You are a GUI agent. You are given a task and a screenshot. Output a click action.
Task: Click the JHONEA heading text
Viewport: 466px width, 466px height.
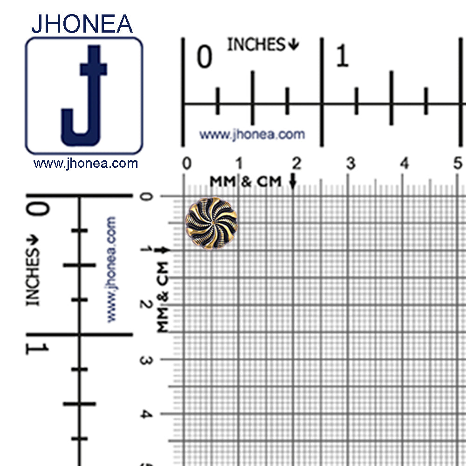click(82, 24)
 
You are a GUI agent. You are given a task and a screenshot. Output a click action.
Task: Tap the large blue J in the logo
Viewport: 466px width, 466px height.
click(84, 96)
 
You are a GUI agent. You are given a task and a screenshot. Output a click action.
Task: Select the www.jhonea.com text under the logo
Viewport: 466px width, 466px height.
click(86, 163)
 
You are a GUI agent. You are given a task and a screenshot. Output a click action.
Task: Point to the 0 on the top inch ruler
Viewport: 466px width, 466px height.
click(205, 56)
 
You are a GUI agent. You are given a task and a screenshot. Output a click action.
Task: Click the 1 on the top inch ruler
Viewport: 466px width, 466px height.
click(342, 55)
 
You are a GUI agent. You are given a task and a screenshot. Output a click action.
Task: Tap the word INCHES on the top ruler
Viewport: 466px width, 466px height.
click(256, 45)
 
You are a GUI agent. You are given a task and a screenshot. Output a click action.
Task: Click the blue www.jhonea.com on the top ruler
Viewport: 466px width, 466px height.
click(252, 134)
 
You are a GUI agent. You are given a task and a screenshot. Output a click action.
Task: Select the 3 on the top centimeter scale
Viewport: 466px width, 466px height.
click(351, 163)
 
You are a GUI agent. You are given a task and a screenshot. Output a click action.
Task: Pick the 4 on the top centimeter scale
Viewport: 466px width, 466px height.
click(404, 163)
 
